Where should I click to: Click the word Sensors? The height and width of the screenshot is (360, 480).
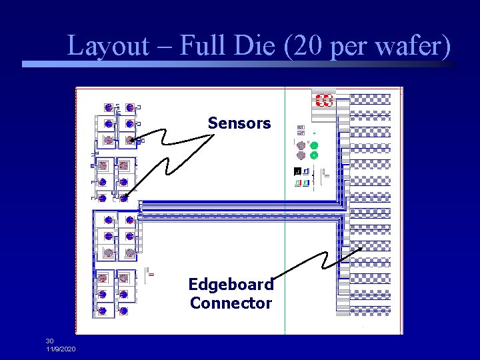(x=239, y=123)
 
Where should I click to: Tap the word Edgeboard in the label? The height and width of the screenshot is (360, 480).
(x=231, y=285)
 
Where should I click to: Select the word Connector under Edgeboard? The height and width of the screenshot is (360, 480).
(x=231, y=303)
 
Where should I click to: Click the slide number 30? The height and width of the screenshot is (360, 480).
(x=50, y=341)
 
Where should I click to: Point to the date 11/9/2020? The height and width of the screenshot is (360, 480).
(x=61, y=349)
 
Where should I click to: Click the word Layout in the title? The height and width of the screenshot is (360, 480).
(x=108, y=47)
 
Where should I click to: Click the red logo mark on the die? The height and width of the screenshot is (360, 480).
(x=324, y=101)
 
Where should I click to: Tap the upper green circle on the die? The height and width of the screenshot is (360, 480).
(x=314, y=145)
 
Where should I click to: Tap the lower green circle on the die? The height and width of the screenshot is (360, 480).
(x=314, y=155)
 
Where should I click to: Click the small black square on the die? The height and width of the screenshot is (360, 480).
(x=297, y=172)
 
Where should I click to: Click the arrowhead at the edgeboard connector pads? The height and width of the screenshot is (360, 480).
(x=361, y=247)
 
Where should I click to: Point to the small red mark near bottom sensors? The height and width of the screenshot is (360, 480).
(x=151, y=274)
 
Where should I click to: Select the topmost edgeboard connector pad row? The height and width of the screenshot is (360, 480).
(x=371, y=99)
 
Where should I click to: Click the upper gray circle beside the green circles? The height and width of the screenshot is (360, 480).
(x=301, y=145)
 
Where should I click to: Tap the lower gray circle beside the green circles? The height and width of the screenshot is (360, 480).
(x=301, y=155)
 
